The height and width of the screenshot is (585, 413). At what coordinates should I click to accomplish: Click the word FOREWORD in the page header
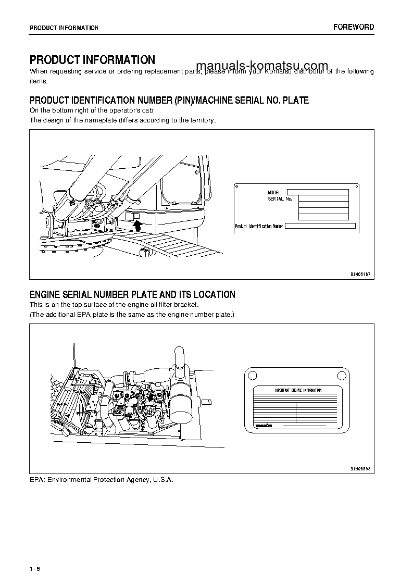pos(354,27)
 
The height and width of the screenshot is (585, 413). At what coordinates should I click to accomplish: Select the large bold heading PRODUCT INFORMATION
pos(92,60)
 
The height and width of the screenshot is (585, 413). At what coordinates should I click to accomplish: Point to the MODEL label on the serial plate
pos(274,193)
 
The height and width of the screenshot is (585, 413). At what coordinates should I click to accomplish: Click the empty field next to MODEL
pos(317,192)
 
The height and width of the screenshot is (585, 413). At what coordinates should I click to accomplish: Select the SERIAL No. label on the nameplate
pos(280,199)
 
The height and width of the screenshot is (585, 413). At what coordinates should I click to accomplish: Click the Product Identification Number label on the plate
pos(259,227)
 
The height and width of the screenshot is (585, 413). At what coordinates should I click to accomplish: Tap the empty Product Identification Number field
pos(320,226)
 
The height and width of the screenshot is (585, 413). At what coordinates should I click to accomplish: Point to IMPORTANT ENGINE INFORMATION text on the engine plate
pos(298,390)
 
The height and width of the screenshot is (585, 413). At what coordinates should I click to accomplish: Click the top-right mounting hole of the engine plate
pos(342,374)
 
